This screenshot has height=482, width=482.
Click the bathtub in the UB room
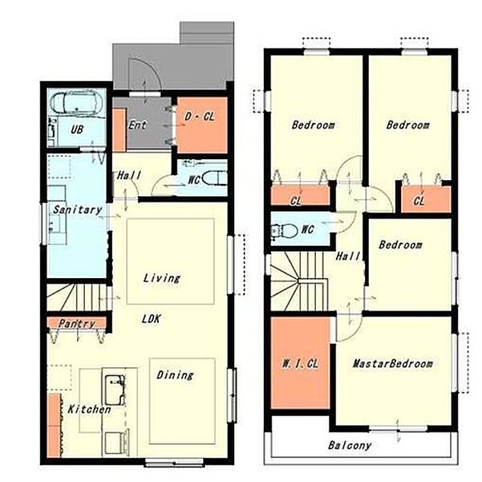coord(76,103)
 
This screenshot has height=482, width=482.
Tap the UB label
coord(77,129)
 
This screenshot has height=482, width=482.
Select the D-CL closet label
coord(200,116)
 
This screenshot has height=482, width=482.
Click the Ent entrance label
coord(137,125)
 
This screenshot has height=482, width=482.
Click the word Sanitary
coord(78,210)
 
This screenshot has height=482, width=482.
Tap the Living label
coord(162,278)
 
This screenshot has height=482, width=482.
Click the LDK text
coord(152,319)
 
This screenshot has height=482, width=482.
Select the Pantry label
coord(77,324)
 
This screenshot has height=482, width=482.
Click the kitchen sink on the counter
coord(115,390)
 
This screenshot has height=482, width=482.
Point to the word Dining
coord(175,375)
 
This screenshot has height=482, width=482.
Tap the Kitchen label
coord(89,410)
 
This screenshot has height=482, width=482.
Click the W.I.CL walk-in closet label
coord(300,364)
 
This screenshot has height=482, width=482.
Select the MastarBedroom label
coord(392,364)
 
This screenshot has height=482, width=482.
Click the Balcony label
coord(350,445)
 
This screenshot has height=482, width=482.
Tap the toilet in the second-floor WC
coord(285,231)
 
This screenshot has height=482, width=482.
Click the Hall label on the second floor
coord(348,256)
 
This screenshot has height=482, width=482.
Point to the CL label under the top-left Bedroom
coord(296,201)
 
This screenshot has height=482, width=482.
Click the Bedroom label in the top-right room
coord(408,125)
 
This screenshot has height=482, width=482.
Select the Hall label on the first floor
coord(129,176)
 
